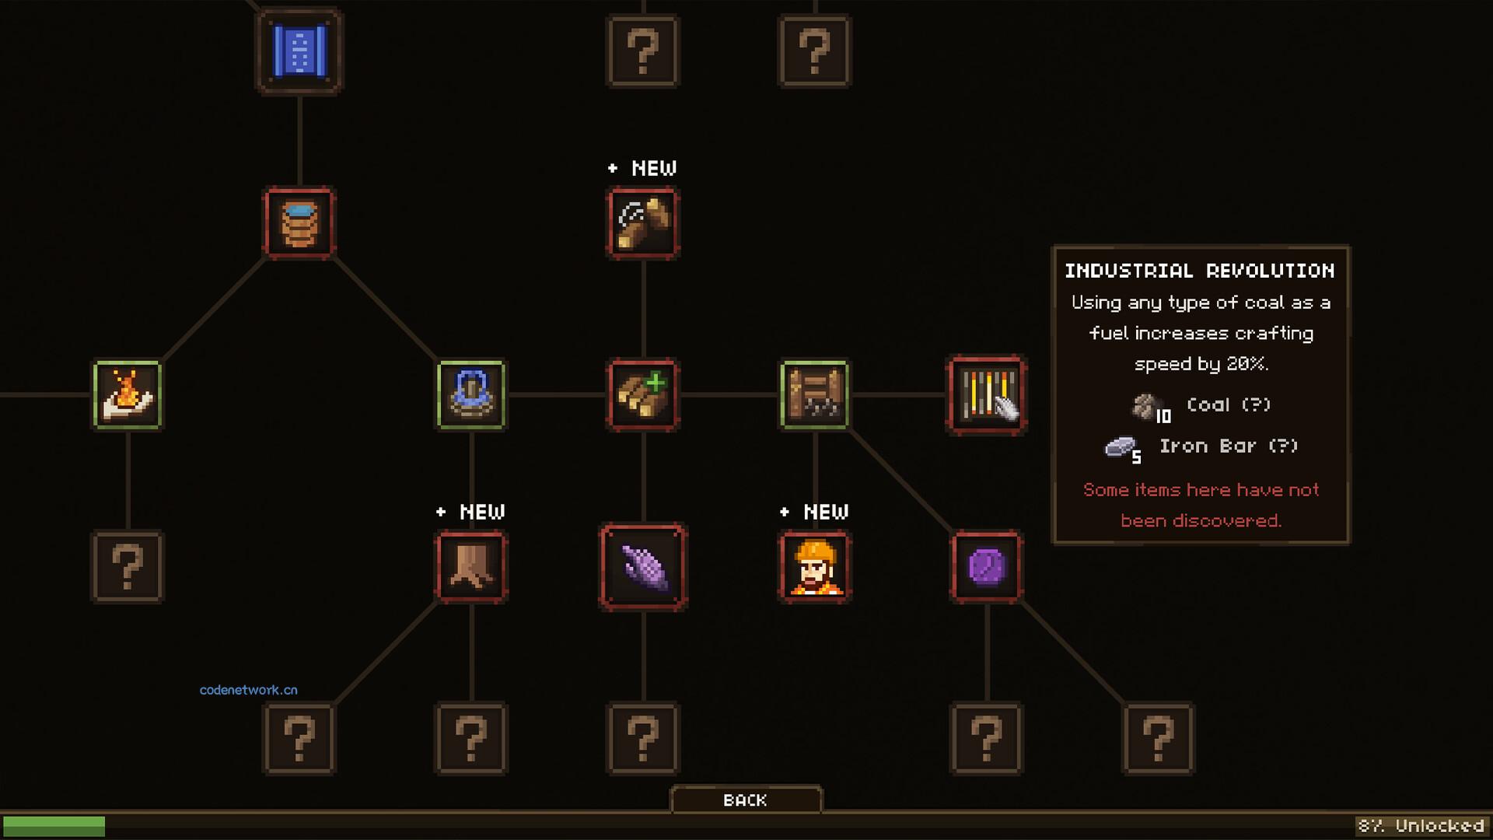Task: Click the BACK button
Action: point(746,800)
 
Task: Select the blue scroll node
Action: point(299,51)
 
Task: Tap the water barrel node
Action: point(299,222)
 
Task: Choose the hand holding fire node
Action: point(128,394)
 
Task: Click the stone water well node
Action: point(471,394)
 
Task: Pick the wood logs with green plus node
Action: point(643,394)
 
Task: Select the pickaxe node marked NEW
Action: point(643,222)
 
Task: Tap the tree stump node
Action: point(471,566)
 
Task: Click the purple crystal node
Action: point(643,566)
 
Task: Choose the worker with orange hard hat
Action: point(815,566)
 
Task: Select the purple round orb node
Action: point(987,566)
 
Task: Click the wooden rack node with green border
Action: point(815,394)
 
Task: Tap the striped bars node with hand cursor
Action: point(987,394)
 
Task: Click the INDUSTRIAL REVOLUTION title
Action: point(1200,271)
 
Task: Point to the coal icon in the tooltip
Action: point(1144,405)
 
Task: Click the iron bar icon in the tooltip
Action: point(1120,446)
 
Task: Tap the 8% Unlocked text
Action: point(1421,825)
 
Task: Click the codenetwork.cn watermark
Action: point(249,690)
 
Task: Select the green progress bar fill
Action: point(54,826)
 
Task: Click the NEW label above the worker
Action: point(815,512)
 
